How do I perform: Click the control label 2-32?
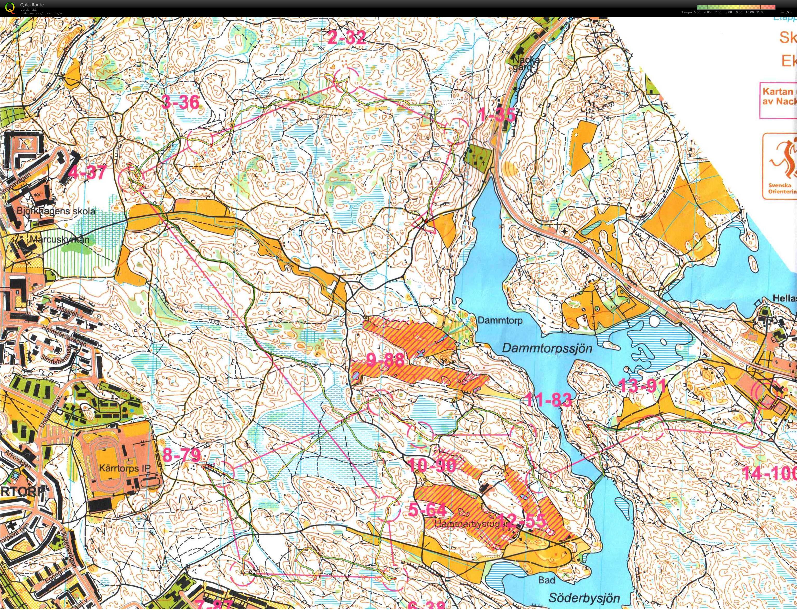[346, 37]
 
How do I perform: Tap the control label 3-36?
[181, 102]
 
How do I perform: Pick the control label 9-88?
[385, 360]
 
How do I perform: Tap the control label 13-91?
[642, 385]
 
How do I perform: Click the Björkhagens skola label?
[56, 211]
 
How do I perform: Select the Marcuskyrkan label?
[60, 239]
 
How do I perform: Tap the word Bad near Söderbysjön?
[546, 580]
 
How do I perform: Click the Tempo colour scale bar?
[735, 7]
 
